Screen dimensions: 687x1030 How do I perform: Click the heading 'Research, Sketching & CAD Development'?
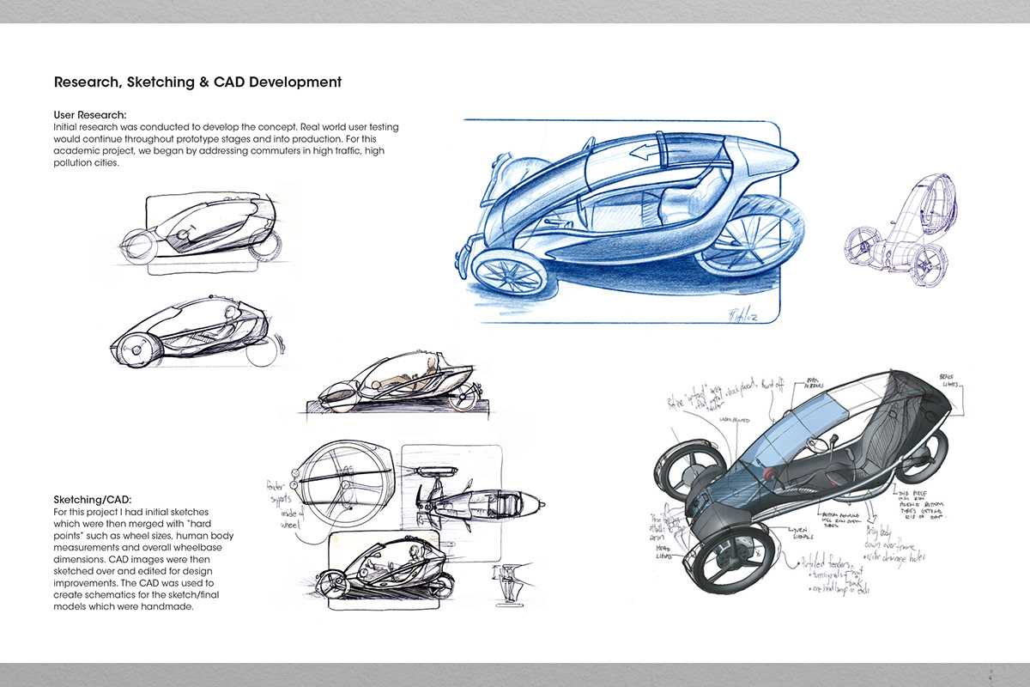[x=197, y=82]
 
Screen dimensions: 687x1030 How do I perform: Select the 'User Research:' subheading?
[x=90, y=114]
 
